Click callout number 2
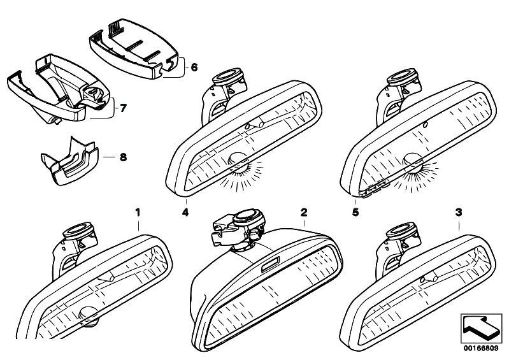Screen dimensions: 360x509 (305, 210)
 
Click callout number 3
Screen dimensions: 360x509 (460, 210)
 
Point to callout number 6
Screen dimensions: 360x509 (194, 66)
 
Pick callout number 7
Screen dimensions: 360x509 (124, 108)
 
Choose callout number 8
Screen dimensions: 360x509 (115, 155)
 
